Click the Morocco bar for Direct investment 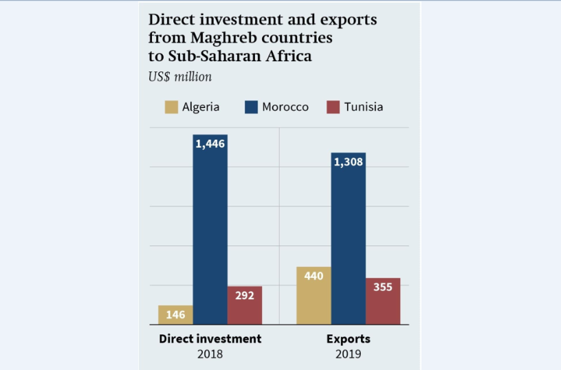(210, 234)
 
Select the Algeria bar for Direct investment (175, 315)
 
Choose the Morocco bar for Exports (348, 241)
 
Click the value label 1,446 (210, 144)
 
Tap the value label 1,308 (349, 162)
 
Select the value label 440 (313, 276)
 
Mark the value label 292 (245, 296)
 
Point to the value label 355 (383, 287)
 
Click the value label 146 (175, 315)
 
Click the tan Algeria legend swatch (170, 107)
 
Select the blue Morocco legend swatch (251, 107)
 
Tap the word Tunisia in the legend (364, 107)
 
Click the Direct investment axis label (210, 339)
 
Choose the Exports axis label (348, 339)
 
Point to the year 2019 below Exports (348, 354)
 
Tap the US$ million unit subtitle (180, 76)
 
